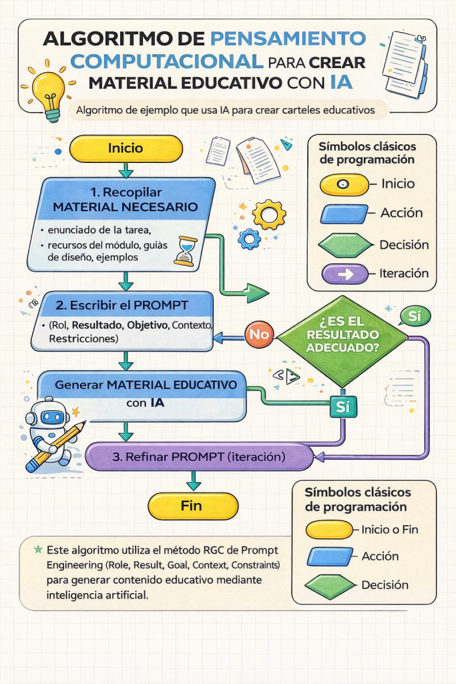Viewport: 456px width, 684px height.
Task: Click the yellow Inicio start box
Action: [126, 148]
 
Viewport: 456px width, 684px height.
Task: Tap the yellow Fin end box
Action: [192, 506]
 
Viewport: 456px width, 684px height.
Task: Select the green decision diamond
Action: [342, 341]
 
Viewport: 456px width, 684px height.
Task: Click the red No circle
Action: [259, 333]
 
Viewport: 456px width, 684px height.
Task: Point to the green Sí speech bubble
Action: [414, 315]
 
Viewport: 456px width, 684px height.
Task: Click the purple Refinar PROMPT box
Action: [199, 458]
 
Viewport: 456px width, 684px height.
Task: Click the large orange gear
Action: [271, 215]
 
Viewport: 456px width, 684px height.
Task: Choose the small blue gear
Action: [250, 238]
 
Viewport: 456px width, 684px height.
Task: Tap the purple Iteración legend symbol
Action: [345, 274]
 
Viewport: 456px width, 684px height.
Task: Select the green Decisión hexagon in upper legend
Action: [345, 245]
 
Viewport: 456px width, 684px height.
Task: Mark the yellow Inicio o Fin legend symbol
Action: [328, 530]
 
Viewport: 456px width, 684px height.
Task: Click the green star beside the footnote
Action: [38, 549]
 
